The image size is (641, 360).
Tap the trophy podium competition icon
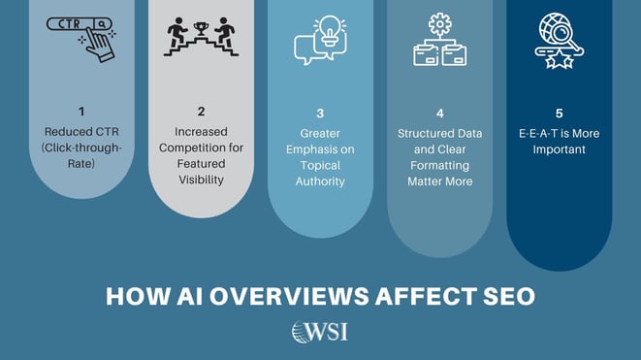click(x=201, y=37)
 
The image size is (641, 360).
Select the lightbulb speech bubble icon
click(x=320, y=39)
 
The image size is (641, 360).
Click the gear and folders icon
click(x=440, y=40)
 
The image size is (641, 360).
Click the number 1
click(x=81, y=113)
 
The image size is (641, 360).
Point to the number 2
click(x=201, y=113)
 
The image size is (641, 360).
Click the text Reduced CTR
click(x=81, y=131)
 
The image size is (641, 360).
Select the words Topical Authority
click(x=320, y=173)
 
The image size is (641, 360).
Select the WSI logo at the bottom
click(x=320, y=333)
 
